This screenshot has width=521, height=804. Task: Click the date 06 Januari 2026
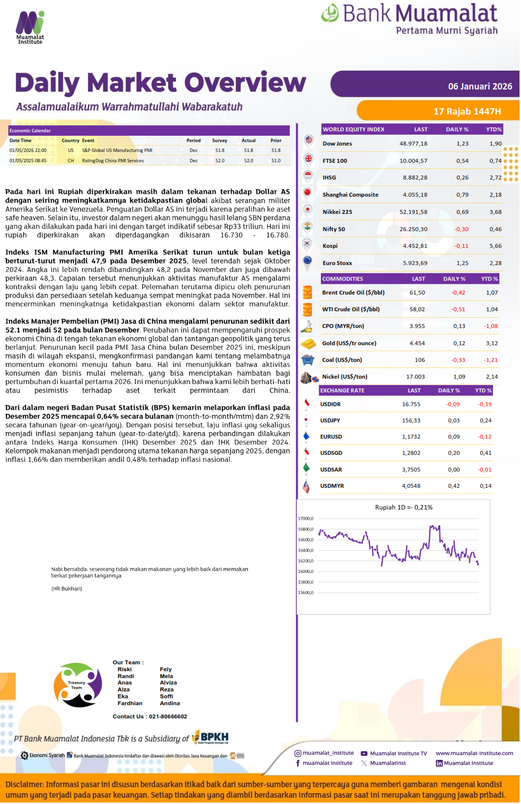click(480, 87)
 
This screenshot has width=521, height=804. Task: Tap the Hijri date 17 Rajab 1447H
click(467, 112)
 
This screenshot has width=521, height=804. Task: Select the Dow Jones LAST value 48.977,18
click(413, 144)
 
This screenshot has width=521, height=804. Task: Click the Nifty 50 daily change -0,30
click(461, 229)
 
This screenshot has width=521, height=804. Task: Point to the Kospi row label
click(330, 246)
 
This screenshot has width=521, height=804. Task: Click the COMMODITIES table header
click(342, 279)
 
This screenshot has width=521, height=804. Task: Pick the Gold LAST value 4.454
click(417, 343)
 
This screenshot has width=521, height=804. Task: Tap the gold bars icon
click(308, 343)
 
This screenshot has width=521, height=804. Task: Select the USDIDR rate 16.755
click(411, 404)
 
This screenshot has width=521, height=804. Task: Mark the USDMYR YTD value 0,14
click(485, 486)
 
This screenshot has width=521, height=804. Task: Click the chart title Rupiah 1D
click(403, 507)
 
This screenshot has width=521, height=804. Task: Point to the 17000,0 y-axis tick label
click(305, 519)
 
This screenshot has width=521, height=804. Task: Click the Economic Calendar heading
click(30, 131)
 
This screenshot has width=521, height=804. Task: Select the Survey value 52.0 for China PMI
click(219, 161)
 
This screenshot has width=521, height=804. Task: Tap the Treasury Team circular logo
click(77, 685)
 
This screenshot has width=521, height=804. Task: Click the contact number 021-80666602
click(168, 716)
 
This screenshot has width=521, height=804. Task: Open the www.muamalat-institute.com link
click(474, 753)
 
